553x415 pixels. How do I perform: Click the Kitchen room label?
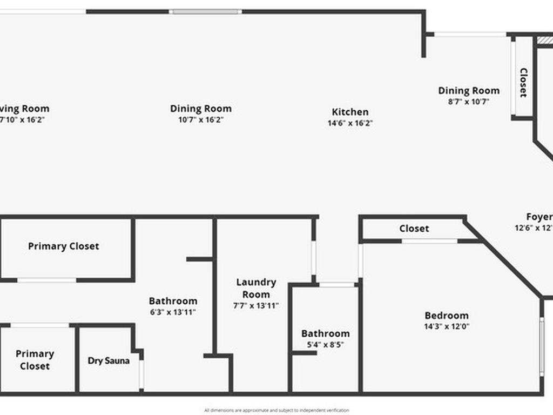(350, 112)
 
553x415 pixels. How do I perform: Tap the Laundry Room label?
(256, 288)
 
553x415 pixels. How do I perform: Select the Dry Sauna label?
(109, 360)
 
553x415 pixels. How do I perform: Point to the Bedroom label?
(447, 316)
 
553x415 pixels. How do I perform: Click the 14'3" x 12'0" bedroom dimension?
(447, 326)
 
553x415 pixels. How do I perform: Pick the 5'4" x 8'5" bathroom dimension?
(325, 344)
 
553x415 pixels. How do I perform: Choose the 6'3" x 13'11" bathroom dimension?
(173, 312)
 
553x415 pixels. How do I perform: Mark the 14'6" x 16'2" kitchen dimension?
(350, 123)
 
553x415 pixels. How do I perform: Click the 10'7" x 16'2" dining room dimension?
(201, 119)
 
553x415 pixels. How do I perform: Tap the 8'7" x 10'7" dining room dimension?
(468, 101)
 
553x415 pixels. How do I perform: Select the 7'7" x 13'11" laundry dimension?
(256, 306)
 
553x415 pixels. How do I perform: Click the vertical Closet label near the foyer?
(523, 82)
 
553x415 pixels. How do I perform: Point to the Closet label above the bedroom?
(414, 229)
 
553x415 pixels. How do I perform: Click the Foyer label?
(539, 217)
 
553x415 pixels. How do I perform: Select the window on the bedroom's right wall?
(542, 346)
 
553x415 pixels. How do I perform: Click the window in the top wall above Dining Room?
(205, 11)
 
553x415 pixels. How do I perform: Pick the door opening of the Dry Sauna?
(141, 374)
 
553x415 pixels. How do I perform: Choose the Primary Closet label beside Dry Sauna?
(35, 360)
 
